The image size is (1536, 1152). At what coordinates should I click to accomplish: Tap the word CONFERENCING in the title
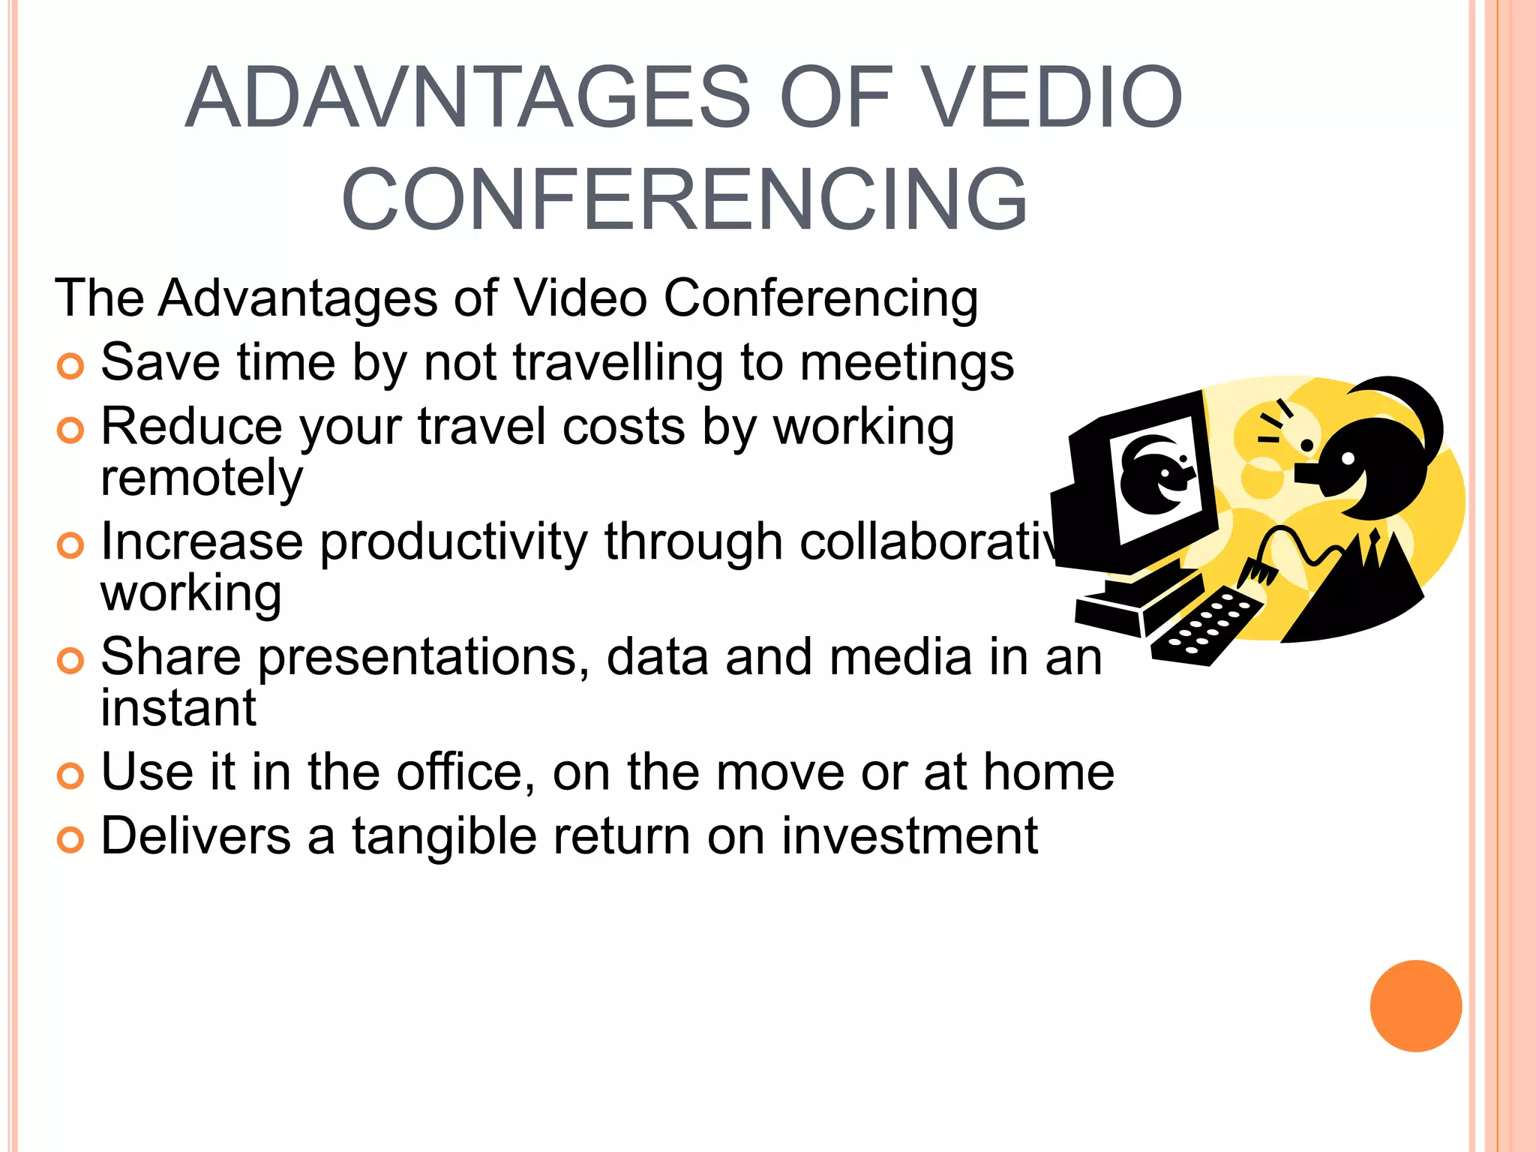684,199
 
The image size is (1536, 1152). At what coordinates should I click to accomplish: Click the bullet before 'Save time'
70,367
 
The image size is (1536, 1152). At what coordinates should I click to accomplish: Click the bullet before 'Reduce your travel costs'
70,430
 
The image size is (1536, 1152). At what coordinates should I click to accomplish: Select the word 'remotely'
201,478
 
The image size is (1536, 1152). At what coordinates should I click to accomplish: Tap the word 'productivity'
454,541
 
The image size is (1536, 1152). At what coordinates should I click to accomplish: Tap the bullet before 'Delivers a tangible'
70,840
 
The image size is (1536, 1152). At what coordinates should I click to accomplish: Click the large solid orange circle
1415,1006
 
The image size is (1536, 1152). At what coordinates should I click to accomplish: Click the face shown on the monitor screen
1156,475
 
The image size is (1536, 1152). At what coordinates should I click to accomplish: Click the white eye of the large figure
1347,457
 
